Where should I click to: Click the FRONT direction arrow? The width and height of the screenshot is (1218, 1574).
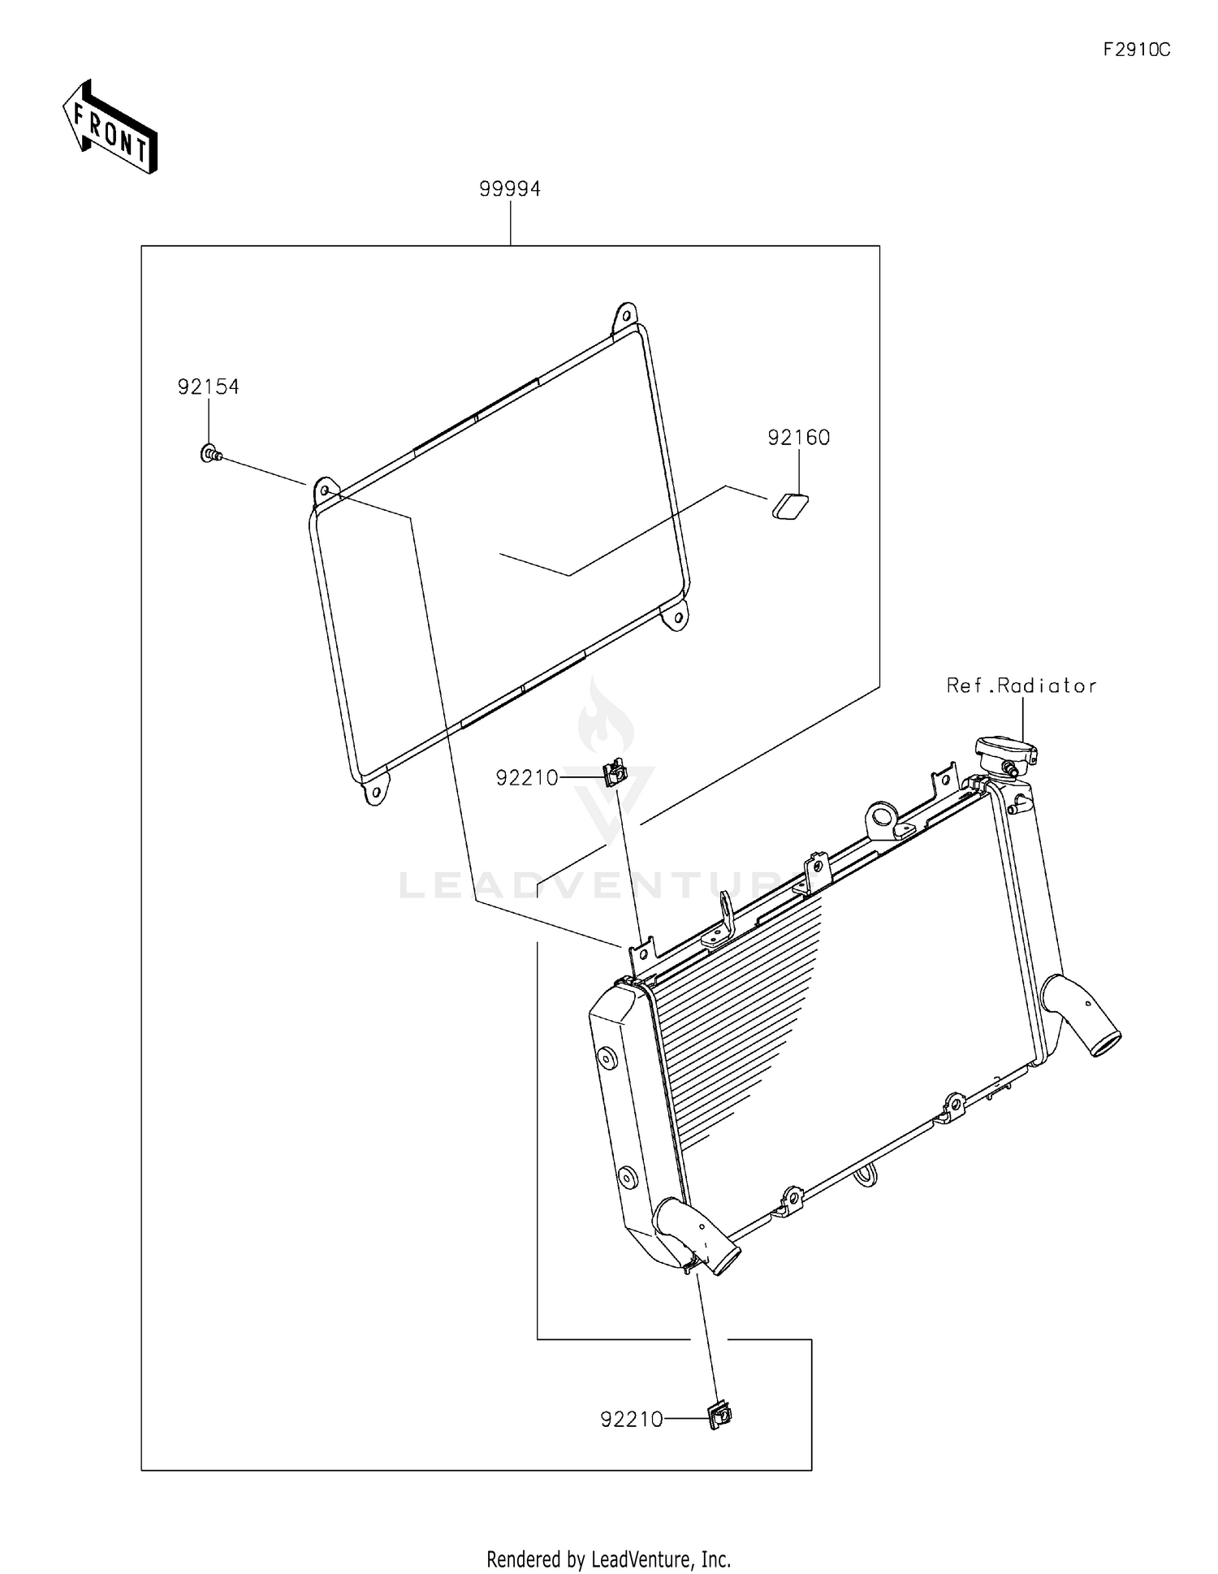point(110,127)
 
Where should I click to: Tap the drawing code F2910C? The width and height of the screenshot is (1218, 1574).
point(1136,50)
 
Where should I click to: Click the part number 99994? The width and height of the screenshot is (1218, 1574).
point(510,188)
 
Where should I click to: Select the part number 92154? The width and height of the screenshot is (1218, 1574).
point(209,387)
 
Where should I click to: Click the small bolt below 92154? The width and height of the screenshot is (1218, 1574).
point(211,453)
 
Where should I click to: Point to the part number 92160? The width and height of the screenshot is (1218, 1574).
point(799,438)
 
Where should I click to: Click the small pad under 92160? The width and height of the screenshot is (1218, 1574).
point(789,506)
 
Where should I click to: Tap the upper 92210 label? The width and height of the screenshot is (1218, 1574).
point(527,778)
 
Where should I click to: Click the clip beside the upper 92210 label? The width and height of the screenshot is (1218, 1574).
point(615,772)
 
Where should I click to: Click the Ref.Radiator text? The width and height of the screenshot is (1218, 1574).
point(1021,685)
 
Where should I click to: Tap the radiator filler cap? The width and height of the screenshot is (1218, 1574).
point(1006,751)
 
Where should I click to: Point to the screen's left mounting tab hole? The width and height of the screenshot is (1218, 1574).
point(325,491)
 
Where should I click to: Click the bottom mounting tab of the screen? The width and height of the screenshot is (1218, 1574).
point(374,789)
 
